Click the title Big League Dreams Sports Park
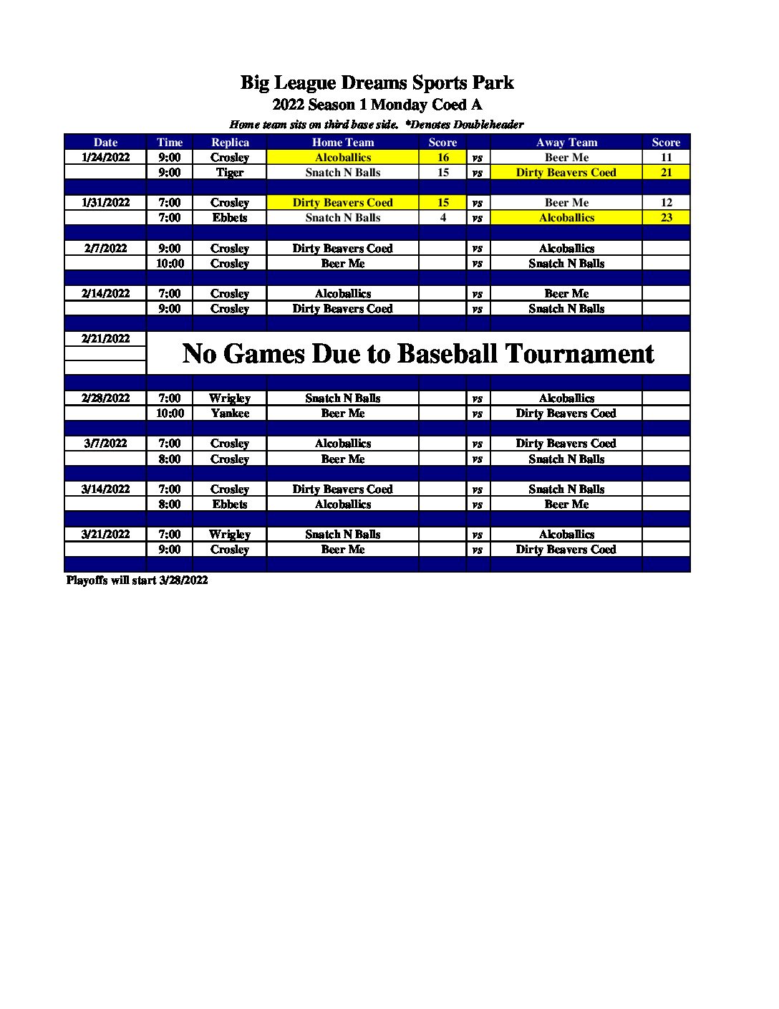pyautogui.click(x=377, y=83)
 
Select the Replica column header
pyautogui.click(x=230, y=143)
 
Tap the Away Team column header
pyautogui.click(x=566, y=143)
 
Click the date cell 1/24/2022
pyautogui.click(x=105, y=158)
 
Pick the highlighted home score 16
pyautogui.click(x=442, y=158)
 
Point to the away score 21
pyautogui.click(x=666, y=173)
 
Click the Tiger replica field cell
pyautogui.click(x=230, y=173)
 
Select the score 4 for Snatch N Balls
pyautogui.click(x=442, y=218)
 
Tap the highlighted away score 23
pyautogui.click(x=666, y=218)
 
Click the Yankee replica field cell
pyautogui.click(x=230, y=413)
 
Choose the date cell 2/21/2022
pyautogui.click(x=105, y=339)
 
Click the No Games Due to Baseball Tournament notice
pyautogui.click(x=418, y=353)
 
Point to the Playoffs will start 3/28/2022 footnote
pyautogui.click(x=137, y=580)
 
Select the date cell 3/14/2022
pyautogui.click(x=105, y=489)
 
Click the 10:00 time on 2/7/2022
pyautogui.click(x=170, y=264)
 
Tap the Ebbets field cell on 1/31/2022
pyautogui.click(x=230, y=218)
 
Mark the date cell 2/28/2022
pyautogui.click(x=105, y=398)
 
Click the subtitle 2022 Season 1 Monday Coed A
pyautogui.click(x=377, y=105)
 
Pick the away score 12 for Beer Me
pyautogui.click(x=666, y=203)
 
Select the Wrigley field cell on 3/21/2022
pyautogui.click(x=230, y=535)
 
